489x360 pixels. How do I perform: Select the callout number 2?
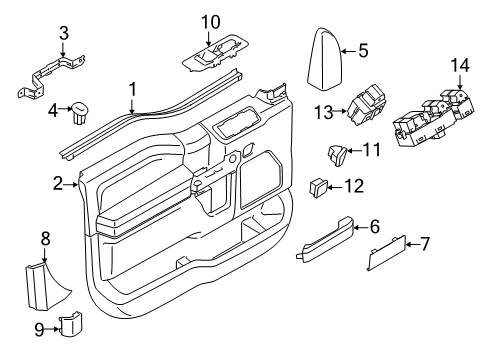(x=58, y=183)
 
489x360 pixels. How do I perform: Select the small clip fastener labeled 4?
(x=80, y=111)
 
